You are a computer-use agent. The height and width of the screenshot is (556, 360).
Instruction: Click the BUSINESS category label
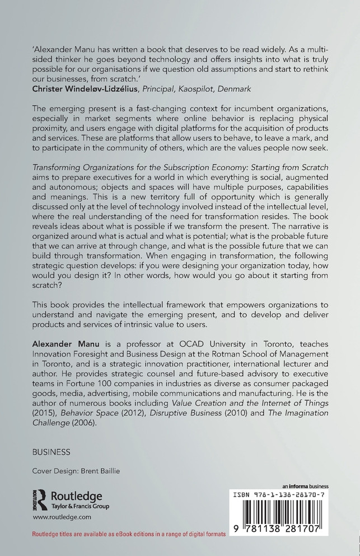click(52, 451)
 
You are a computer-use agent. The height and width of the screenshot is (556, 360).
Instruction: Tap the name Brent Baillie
click(106, 470)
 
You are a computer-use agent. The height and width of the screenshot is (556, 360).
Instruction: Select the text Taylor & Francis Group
click(81, 506)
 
